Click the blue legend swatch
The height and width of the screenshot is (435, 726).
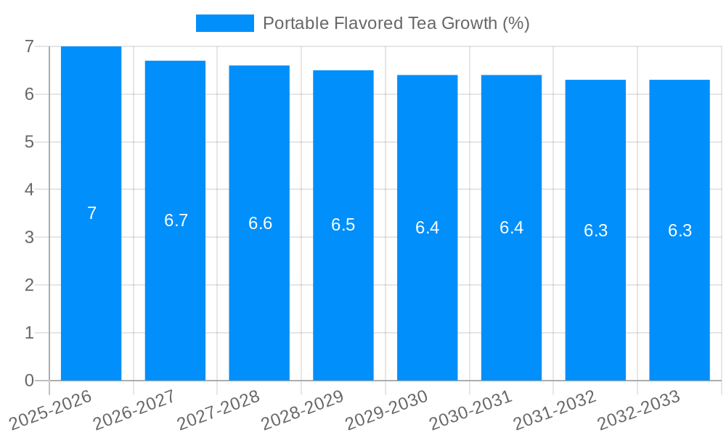tap(225, 23)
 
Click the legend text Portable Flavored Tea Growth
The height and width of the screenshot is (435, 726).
tap(396, 23)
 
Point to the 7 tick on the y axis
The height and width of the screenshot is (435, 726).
tap(29, 46)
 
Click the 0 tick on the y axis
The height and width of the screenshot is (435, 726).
tap(29, 381)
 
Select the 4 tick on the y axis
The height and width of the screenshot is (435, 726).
tap(29, 190)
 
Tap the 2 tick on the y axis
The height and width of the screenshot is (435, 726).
tap(29, 285)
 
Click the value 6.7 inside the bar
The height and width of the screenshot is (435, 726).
tap(176, 221)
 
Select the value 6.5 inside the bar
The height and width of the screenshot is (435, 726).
tap(343, 225)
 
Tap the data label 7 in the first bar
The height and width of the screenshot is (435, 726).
tap(91, 214)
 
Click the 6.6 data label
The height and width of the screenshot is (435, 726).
tap(260, 223)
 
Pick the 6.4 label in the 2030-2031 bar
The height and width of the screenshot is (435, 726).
tap(511, 228)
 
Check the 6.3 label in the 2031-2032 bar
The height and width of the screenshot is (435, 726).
tap(595, 231)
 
